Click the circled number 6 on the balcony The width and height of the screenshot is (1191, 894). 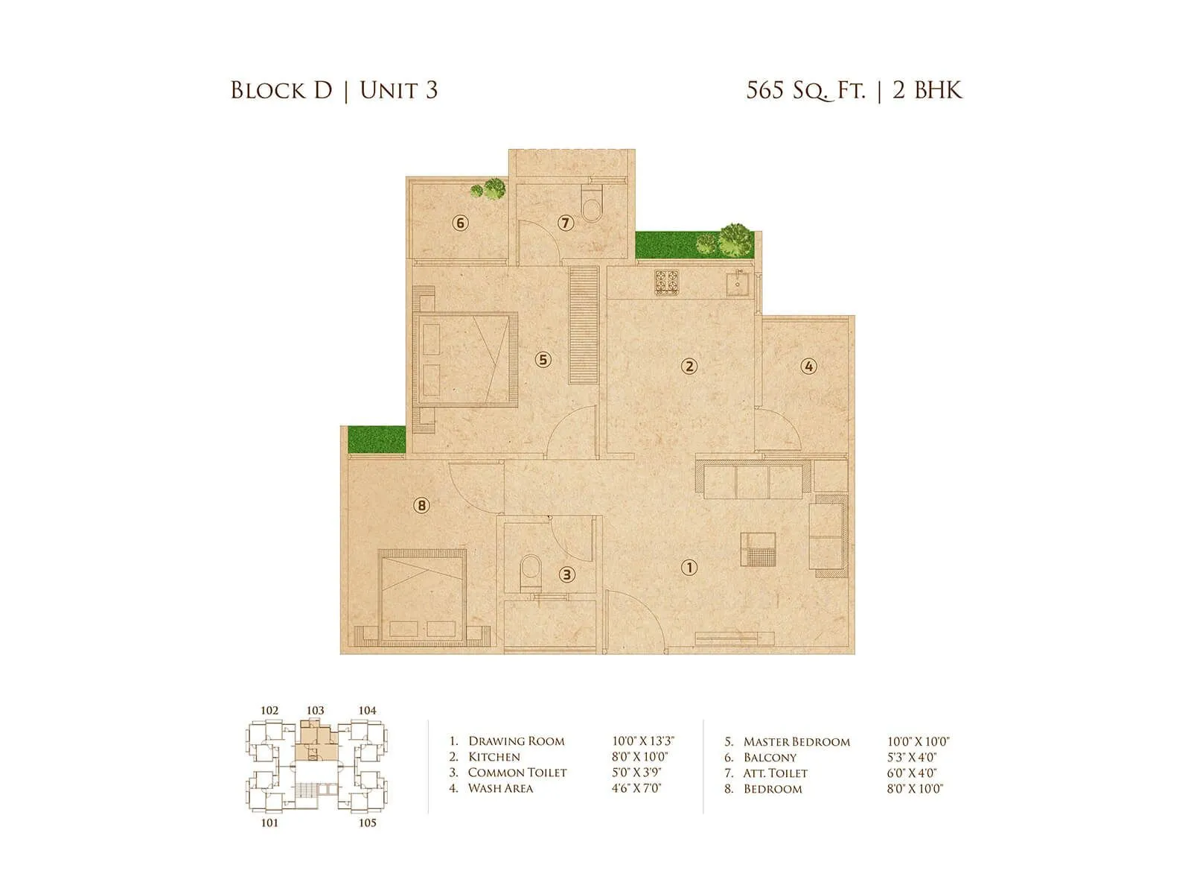point(461,223)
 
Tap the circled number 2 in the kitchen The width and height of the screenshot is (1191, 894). point(689,366)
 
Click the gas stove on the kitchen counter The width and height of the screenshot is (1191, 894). point(668,281)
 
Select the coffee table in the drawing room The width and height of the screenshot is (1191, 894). point(757,551)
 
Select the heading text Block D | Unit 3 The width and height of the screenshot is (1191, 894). point(333,90)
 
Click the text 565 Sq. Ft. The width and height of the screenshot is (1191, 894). point(806,90)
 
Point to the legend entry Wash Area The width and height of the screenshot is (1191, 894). point(500,788)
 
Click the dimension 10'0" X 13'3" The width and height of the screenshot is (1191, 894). point(643,741)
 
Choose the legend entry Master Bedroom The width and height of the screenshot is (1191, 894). point(796,742)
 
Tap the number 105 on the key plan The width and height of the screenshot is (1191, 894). point(367,822)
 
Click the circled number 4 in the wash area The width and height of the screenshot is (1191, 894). point(808,366)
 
